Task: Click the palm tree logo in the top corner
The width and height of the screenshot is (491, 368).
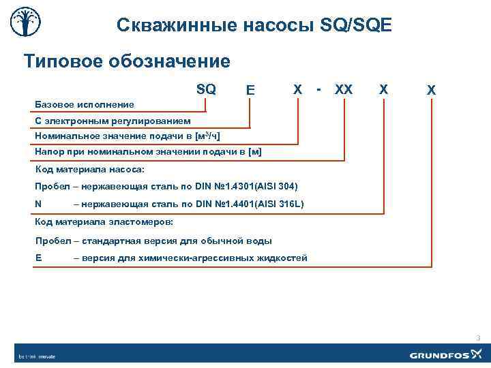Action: [x=25, y=25]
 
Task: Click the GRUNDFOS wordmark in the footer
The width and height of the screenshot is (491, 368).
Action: [x=440, y=354]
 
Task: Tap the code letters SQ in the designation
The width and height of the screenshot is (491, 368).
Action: [x=206, y=89]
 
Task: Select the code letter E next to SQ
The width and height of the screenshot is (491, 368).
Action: [x=251, y=90]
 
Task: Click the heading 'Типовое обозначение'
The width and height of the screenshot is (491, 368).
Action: [x=127, y=62]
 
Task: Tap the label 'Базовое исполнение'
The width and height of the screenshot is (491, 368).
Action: [x=84, y=104]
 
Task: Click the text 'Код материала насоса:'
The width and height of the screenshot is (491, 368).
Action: [x=89, y=169]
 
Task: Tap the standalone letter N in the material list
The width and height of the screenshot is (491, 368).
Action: [x=38, y=204]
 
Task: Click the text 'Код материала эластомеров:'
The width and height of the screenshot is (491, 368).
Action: [x=104, y=222]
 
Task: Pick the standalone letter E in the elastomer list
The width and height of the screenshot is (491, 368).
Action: [x=38, y=258]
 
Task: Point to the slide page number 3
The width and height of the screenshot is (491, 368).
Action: [x=478, y=338]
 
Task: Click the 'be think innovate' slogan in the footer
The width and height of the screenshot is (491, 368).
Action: [x=37, y=356]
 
